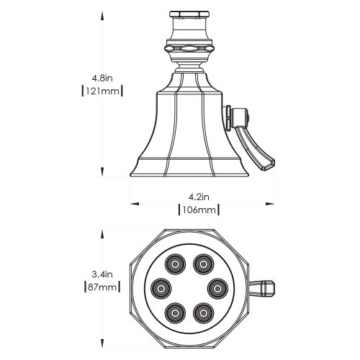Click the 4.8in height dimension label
point(102,78)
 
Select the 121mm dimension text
point(102,91)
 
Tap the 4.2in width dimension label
point(199,197)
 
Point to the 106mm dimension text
point(199,210)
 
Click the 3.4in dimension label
point(102,274)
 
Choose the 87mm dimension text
point(102,287)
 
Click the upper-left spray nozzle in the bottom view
point(175,264)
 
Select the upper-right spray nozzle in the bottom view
point(204,264)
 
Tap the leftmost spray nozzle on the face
point(161,289)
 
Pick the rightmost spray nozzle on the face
point(217,289)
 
